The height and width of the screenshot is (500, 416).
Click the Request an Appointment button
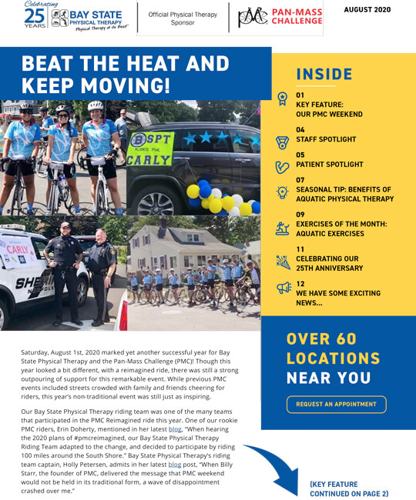[x=336, y=404]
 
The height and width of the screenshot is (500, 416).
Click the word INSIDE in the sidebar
[x=324, y=75]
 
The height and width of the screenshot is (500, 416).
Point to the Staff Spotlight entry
[x=326, y=139]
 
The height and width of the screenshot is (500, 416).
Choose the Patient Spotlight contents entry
[x=329, y=165]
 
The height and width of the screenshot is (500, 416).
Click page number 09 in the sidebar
[x=300, y=215]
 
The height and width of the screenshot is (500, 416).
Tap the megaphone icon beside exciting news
[x=283, y=288]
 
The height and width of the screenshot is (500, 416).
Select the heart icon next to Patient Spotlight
[x=283, y=165]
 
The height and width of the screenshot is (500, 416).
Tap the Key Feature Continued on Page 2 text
[x=349, y=489]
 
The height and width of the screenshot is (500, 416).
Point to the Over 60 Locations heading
[x=333, y=358]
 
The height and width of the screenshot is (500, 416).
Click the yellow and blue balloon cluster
[x=216, y=197]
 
